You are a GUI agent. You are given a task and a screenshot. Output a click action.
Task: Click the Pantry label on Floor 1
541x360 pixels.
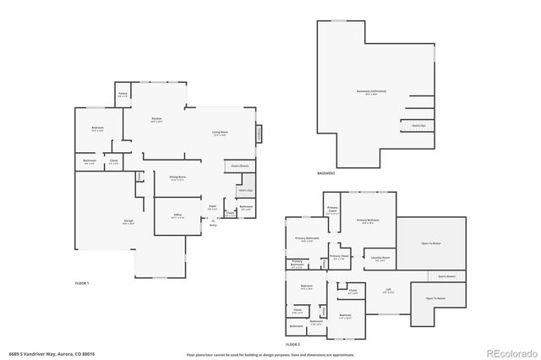click(x=123, y=95)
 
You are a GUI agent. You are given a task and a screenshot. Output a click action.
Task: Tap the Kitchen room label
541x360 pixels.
click(x=156, y=119)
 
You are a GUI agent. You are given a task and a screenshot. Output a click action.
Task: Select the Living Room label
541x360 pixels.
click(x=220, y=133)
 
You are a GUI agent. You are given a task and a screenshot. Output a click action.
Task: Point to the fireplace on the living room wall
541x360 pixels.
click(x=259, y=134)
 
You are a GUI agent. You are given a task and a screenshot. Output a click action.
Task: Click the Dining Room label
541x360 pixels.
click(x=178, y=177)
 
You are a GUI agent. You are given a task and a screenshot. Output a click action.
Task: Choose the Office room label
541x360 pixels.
click(x=178, y=215)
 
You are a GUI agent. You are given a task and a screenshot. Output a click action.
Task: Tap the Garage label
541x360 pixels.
click(x=128, y=221)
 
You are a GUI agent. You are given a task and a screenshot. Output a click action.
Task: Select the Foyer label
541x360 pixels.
click(x=212, y=206)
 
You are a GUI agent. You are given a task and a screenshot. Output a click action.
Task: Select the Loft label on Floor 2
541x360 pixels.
click(x=387, y=288)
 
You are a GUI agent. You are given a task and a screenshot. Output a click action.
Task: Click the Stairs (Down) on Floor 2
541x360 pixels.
click(x=446, y=275)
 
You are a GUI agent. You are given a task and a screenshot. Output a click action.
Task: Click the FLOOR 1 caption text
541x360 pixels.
click(x=82, y=282)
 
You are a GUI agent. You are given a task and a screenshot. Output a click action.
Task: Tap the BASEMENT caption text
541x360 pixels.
click(x=326, y=173)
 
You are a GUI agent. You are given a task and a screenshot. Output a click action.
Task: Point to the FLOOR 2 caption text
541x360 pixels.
click(x=292, y=345)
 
